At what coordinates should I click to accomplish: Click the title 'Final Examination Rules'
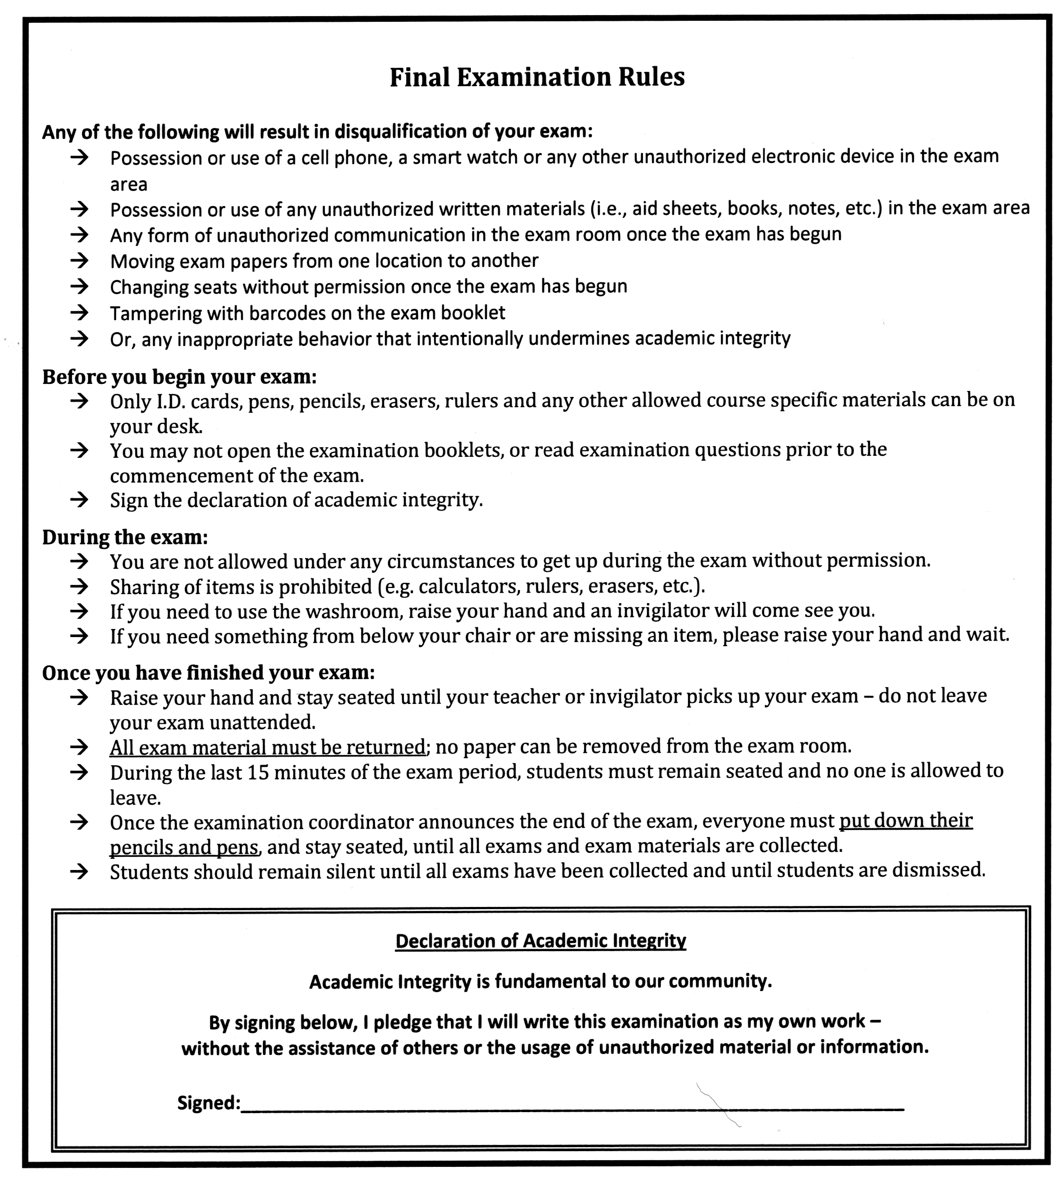pos(537,77)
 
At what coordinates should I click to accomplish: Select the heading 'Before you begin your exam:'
pos(179,377)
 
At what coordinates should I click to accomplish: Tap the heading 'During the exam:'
pos(125,537)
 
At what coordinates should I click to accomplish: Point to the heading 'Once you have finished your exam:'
pos(208,673)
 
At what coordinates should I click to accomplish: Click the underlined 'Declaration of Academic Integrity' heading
pos(540,940)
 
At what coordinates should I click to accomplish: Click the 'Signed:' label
pos(209,1103)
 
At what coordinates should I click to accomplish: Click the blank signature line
pos(573,1108)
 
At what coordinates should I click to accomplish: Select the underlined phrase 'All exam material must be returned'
pos(267,747)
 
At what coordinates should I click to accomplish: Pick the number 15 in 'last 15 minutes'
pos(258,772)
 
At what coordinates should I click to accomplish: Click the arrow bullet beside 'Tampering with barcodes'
pos(79,312)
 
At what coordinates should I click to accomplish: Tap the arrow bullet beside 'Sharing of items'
pos(79,586)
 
